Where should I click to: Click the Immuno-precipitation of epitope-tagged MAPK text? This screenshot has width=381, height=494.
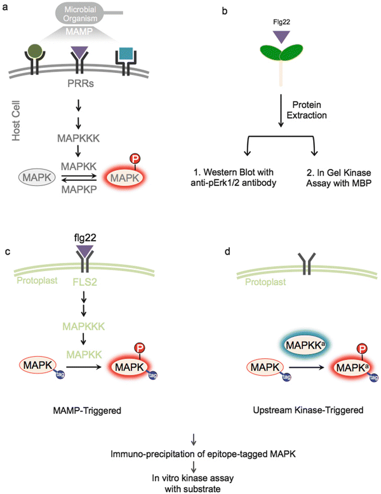[190, 454]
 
